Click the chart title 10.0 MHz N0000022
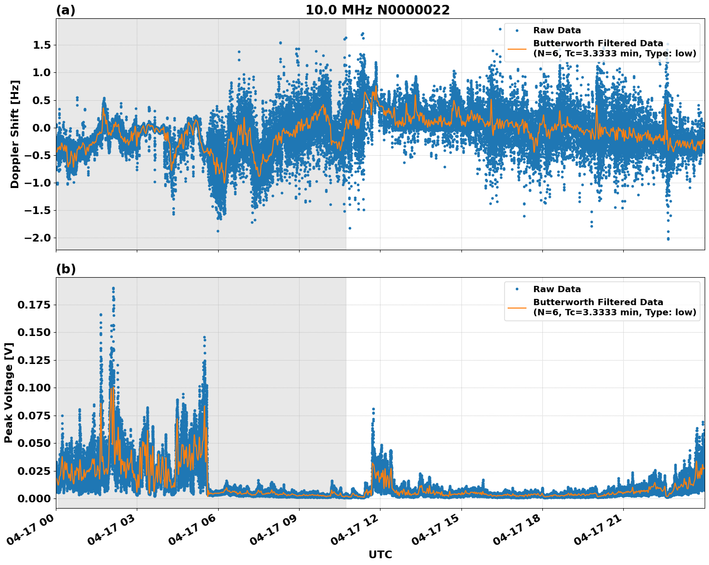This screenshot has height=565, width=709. pyautogui.click(x=377, y=10)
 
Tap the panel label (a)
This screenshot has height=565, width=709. pyautogui.click(x=66, y=10)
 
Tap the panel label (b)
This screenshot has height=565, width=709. pyautogui.click(x=66, y=269)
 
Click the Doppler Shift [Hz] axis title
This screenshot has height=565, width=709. pyautogui.click(x=15, y=134)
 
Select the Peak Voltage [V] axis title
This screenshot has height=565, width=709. pyautogui.click(x=9, y=392)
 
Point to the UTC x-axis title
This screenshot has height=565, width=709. pyautogui.click(x=380, y=554)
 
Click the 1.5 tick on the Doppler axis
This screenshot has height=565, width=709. pyautogui.click(x=41, y=45)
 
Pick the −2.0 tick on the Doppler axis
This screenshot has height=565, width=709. pyautogui.click(x=38, y=238)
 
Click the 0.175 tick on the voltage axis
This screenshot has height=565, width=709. pyautogui.click(x=35, y=305)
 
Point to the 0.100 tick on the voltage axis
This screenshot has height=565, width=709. pyautogui.click(x=35, y=388)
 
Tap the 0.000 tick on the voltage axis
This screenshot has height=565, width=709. pyautogui.click(x=35, y=498)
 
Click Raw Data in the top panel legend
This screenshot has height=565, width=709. pyautogui.click(x=557, y=30)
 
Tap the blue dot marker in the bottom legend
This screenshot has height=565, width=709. pyautogui.click(x=517, y=289)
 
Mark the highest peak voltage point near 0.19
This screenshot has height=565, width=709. pyautogui.click(x=113, y=288)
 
